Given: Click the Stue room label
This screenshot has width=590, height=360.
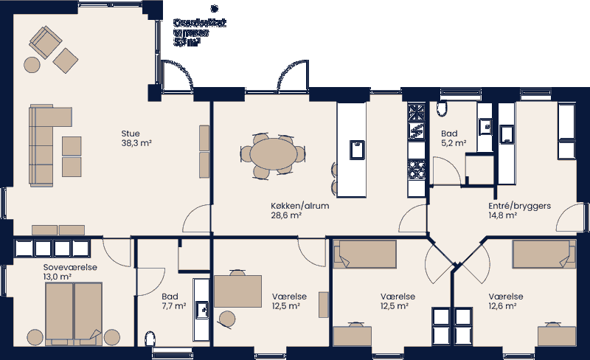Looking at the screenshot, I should coord(131,134).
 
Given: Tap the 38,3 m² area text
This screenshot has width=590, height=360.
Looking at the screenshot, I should coord(136,144).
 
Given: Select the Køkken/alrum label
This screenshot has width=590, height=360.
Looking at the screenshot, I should coord(299,206).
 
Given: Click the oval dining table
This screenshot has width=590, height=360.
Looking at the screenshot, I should coord(272,153).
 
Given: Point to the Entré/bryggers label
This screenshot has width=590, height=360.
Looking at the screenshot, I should coord(520,206).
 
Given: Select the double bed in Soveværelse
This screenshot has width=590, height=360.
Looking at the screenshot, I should coord(72,311).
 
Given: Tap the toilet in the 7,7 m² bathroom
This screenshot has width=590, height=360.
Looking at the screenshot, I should coord(151,339).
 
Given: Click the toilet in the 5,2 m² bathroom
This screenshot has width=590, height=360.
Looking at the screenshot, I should coord(442,110).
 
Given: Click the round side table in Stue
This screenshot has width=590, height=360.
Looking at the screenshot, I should coord(32,64).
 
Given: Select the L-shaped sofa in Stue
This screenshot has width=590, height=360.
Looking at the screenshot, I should coord(44,144).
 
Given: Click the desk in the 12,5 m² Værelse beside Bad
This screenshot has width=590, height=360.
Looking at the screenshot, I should coord(238,291).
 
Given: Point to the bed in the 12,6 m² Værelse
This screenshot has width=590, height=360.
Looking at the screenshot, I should coord(544,255).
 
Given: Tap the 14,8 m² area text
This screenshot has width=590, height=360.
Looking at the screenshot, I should coord(502,216).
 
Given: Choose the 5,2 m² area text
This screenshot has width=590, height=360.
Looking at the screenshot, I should coord(453,144).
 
